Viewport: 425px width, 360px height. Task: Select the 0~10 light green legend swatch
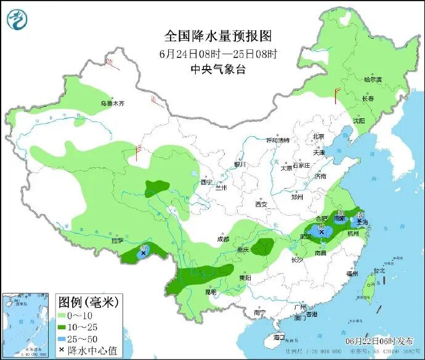click(63, 316)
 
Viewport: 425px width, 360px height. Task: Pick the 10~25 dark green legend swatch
click(63, 327)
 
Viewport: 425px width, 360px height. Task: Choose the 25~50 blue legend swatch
click(63, 338)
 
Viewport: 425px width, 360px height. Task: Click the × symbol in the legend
click(63, 350)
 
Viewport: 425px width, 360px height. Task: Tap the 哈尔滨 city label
click(373, 80)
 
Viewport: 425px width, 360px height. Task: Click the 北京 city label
click(318, 136)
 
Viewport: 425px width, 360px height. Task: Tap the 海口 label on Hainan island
click(279, 338)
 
